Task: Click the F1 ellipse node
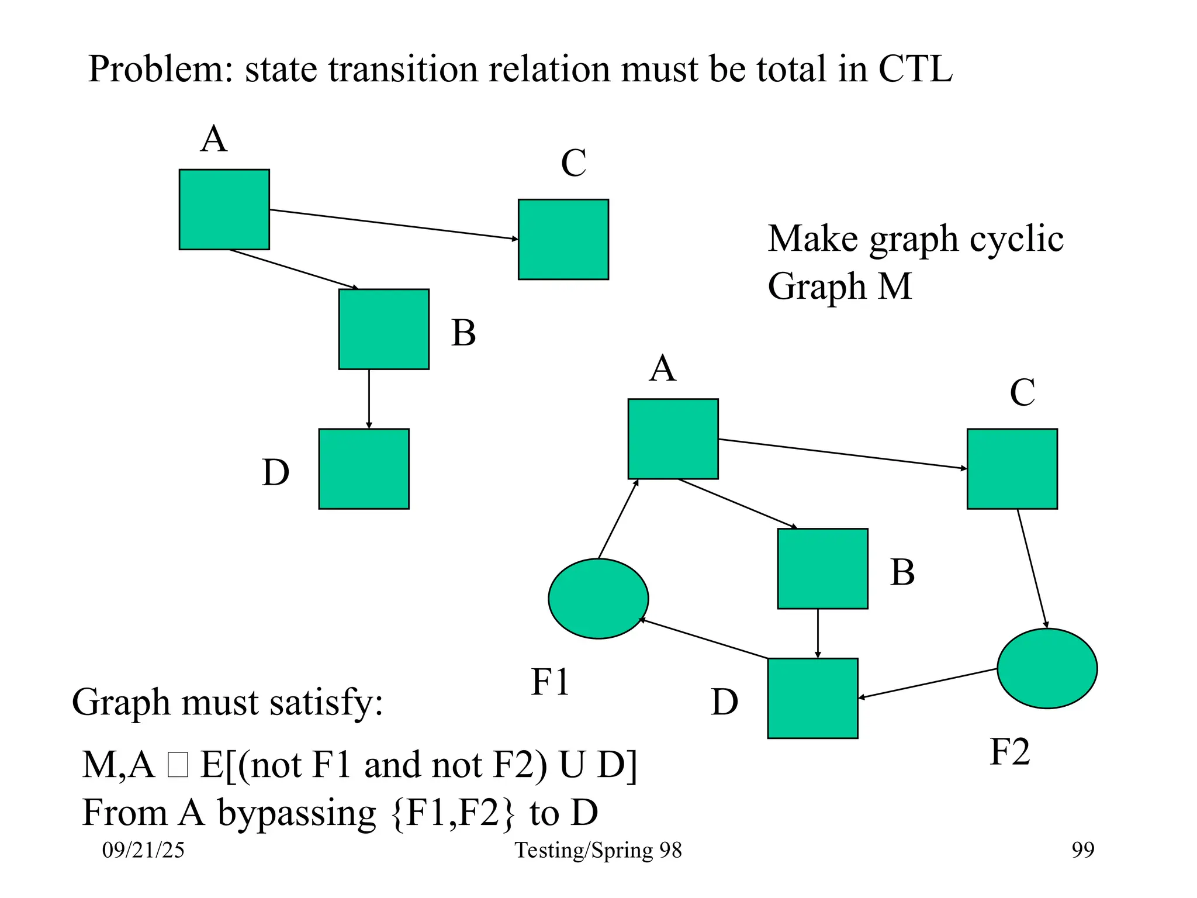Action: click(598, 599)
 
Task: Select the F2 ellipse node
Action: click(1047, 668)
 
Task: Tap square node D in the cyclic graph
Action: click(812, 698)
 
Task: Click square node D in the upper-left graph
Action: click(364, 469)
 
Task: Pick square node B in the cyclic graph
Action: click(822, 568)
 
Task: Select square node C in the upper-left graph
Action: click(563, 239)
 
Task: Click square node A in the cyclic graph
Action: click(673, 438)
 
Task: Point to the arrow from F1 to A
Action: click(618, 520)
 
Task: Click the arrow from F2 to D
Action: click(928, 683)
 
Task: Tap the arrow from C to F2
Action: click(1032, 569)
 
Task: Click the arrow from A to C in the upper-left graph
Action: click(393, 224)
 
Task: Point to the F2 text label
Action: click(1009, 752)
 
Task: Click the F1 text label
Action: click(549, 682)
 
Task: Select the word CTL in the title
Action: click(915, 69)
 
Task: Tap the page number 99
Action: click(1082, 849)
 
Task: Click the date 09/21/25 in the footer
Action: click(143, 850)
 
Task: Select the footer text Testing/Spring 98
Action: click(598, 850)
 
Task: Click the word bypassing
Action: click(297, 813)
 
